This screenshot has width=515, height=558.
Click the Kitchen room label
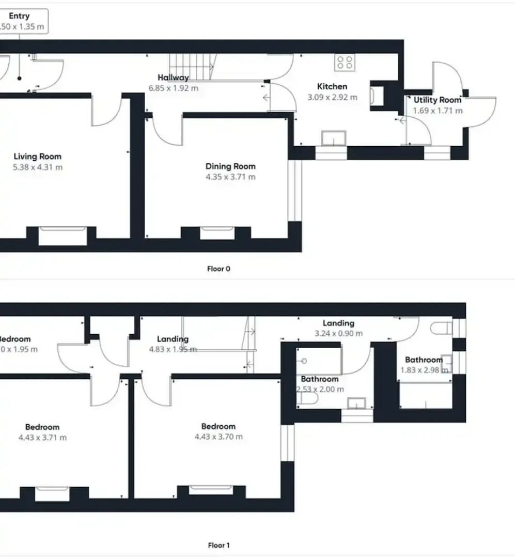pyautogui.click(x=332, y=86)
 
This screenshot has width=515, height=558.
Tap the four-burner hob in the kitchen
pyautogui.click(x=344, y=63)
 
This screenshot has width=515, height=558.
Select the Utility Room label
pyautogui.click(x=437, y=100)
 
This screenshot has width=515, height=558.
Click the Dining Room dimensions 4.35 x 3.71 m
pyautogui.click(x=230, y=177)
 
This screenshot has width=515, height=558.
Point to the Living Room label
pyautogui.click(x=37, y=157)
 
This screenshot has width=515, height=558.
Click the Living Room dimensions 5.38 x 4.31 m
pyautogui.click(x=37, y=167)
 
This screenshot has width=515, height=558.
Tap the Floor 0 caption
pyautogui.click(x=219, y=269)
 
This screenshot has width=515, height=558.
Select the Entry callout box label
pyautogui.click(x=19, y=16)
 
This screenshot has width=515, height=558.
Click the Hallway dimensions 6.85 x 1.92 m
pyautogui.click(x=174, y=88)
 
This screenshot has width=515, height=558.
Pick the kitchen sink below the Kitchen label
pyautogui.click(x=334, y=138)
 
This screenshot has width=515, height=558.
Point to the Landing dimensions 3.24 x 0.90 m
pyautogui.click(x=338, y=333)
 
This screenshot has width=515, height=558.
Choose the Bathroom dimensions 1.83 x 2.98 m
pyautogui.click(x=424, y=370)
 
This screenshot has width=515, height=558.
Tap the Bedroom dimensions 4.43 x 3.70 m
pyautogui.click(x=219, y=437)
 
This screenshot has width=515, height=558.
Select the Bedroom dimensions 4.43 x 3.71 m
pyautogui.click(x=42, y=438)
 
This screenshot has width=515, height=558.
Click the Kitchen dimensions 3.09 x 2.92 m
pyautogui.click(x=332, y=97)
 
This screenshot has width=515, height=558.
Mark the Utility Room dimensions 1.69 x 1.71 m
pyautogui.click(x=437, y=111)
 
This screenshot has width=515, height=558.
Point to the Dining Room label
pyautogui.click(x=230, y=166)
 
